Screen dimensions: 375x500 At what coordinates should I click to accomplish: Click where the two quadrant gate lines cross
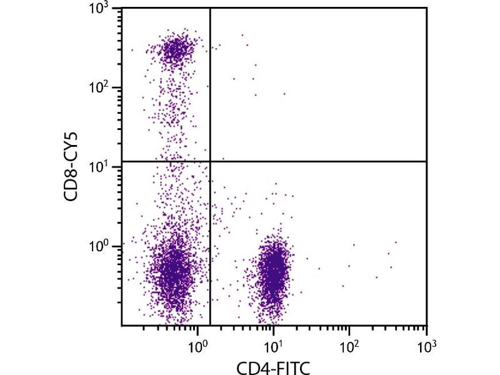(210, 161)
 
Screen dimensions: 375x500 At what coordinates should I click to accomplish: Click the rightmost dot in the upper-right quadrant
(284, 94)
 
